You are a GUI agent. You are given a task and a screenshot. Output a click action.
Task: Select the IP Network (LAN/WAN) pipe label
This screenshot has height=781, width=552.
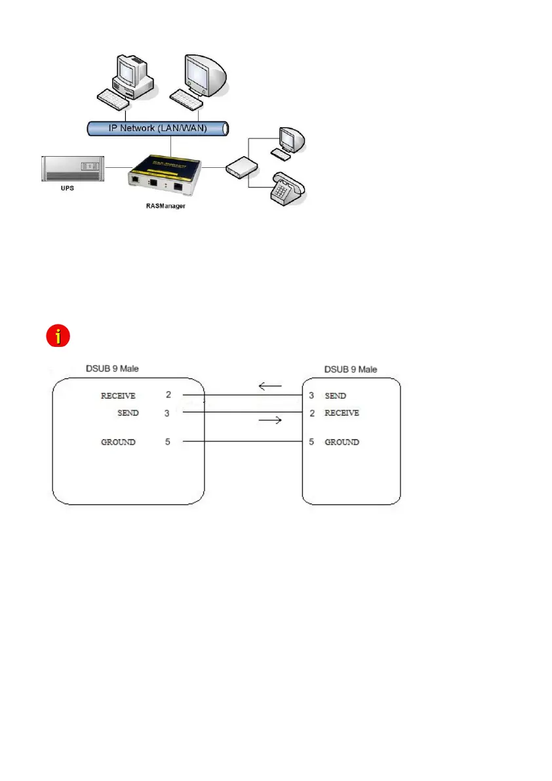click(157, 128)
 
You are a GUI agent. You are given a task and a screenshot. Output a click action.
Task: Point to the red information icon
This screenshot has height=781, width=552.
click(58, 336)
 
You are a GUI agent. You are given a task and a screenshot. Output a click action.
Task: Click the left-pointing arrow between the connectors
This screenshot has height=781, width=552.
click(270, 387)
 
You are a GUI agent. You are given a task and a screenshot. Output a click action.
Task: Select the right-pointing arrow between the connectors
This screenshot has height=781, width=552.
click(271, 420)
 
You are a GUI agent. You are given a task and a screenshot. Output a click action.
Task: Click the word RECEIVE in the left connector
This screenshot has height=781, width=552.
click(118, 396)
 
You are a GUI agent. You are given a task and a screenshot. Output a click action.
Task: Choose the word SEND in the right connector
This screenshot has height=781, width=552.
click(335, 396)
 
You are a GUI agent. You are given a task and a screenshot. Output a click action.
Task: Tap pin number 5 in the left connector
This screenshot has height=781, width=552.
click(168, 442)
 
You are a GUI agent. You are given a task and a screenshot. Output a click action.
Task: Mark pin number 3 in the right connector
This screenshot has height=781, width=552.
click(311, 396)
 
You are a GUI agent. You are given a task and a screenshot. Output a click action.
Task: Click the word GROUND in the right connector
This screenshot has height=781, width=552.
click(342, 442)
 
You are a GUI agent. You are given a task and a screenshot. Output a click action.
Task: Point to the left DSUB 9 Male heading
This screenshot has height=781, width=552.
click(113, 369)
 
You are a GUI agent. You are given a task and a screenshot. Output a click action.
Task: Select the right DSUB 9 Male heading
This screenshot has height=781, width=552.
click(351, 369)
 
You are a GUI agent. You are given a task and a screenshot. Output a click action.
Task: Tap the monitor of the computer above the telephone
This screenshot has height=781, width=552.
click(289, 138)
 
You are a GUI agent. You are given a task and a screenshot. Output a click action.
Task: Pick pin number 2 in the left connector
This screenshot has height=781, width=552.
click(168, 395)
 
